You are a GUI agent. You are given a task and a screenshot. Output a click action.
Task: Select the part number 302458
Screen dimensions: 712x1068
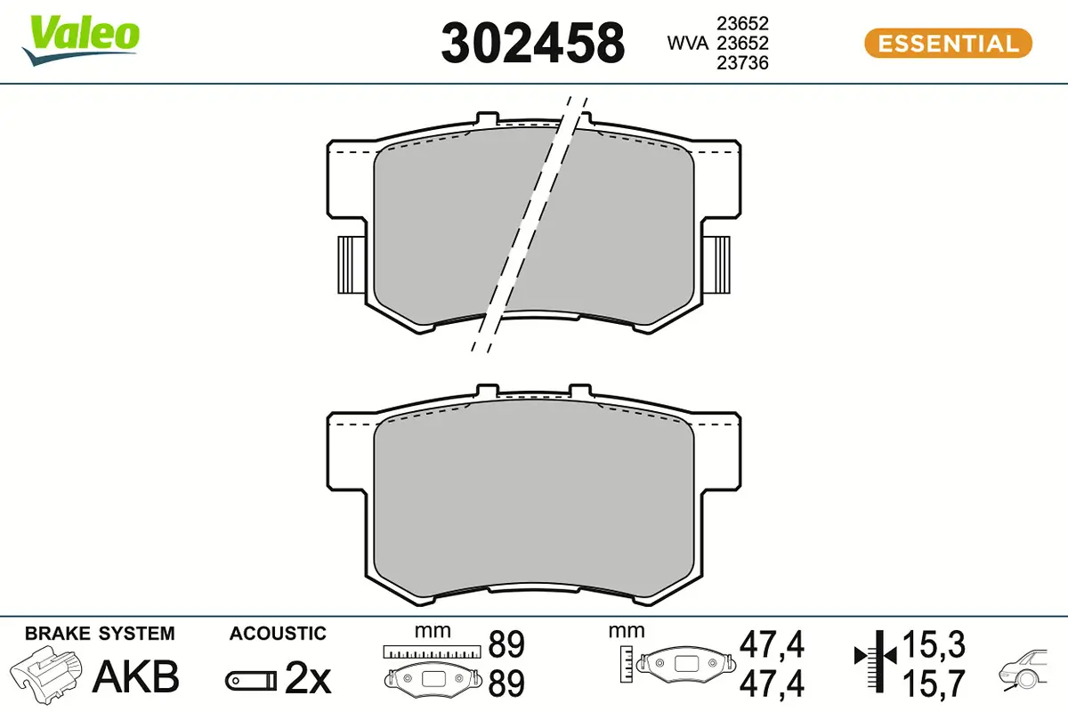click(x=532, y=43)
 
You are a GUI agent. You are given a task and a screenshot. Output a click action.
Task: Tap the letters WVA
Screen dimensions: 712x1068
click(x=687, y=43)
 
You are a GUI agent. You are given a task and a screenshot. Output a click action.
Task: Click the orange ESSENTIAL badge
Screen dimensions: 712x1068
click(x=948, y=43)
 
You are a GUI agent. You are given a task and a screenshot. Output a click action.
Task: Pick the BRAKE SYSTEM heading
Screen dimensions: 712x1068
click(x=100, y=634)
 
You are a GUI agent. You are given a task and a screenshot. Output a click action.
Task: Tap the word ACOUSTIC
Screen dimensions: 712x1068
click(x=278, y=634)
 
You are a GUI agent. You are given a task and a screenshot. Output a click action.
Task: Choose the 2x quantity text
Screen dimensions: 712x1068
click(x=307, y=680)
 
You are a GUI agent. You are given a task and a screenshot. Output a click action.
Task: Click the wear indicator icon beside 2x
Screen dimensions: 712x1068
click(x=249, y=681)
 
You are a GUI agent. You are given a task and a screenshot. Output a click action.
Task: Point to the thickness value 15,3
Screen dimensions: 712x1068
click(x=933, y=643)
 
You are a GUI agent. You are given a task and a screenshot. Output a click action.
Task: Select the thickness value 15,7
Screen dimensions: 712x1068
click(x=933, y=684)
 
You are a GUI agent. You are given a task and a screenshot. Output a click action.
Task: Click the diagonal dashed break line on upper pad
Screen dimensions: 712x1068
click(x=532, y=222)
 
